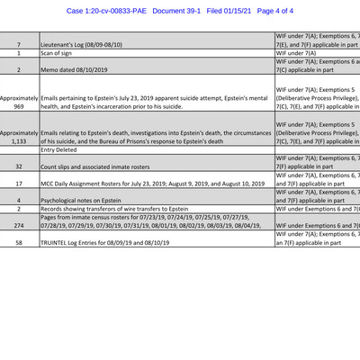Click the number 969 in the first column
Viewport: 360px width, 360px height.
(19, 105)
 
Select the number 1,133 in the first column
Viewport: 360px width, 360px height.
(19, 141)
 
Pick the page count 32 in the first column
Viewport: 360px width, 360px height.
(19, 166)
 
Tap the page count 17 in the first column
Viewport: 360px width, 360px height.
(19, 183)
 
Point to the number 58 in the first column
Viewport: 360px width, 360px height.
(19, 243)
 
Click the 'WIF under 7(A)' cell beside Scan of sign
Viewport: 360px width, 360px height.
(296, 54)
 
